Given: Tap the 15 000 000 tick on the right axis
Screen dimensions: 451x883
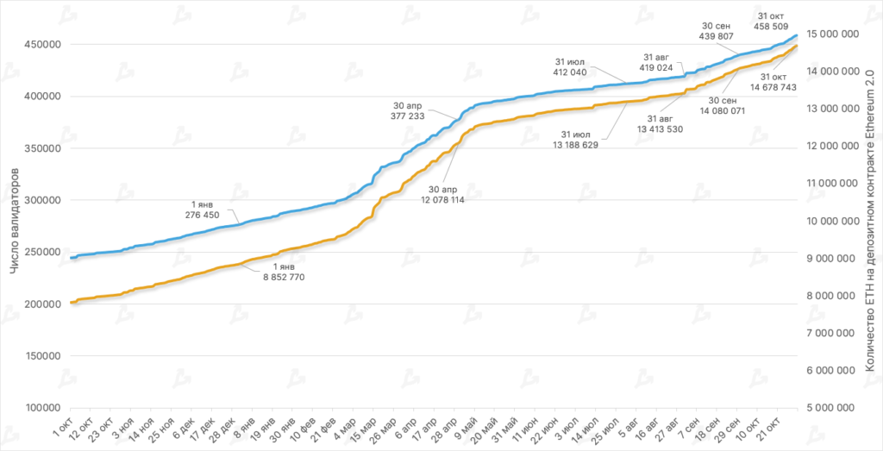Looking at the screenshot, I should pyautogui.click(x=833, y=34).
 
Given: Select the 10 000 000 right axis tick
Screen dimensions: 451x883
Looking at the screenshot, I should pyautogui.click(x=833, y=221).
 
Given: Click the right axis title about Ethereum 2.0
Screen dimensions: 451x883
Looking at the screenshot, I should pyautogui.click(x=870, y=220).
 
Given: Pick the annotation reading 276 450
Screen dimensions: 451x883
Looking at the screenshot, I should pyautogui.click(x=203, y=214).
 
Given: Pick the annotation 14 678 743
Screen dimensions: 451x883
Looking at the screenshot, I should pyautogui.click(x=773, y=87).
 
